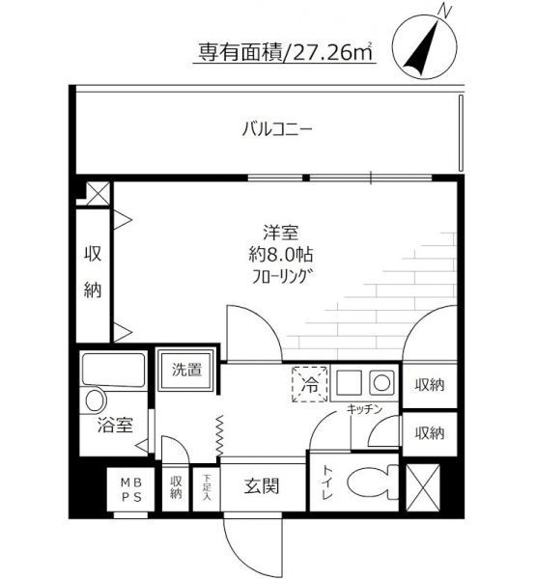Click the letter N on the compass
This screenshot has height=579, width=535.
tap(445, 12)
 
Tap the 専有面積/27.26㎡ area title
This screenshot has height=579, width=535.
tap(285, 52)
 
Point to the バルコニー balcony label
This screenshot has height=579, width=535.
tap(277, 129)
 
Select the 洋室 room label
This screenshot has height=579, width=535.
tap(280, 233)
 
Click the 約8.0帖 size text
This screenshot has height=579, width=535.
tap(281, 255)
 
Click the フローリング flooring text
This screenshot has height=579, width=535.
tap(280, 276)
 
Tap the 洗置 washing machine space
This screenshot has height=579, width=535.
tap(186, 370)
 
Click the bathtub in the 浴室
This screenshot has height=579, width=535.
tap(113, 370)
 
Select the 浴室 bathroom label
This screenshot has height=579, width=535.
tap(115, 425)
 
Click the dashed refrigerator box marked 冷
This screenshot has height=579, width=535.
tap(310, 384)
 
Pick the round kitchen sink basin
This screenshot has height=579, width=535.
tap(381, 382)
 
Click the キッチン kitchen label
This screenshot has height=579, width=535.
tap(364, 409)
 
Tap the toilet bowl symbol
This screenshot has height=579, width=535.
tap(372, 482)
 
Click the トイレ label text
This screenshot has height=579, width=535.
tap(327, 482)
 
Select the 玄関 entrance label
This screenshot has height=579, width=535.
tap(262, 486)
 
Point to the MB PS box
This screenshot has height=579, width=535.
tap(131, 489)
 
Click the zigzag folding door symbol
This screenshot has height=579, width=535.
tap(220, 436)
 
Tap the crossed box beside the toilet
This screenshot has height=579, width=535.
tap(423, 487)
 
